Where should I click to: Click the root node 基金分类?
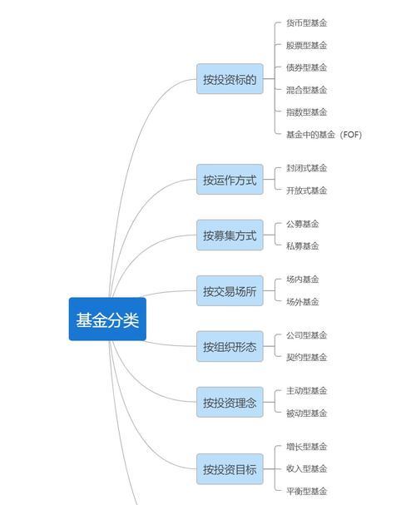107,319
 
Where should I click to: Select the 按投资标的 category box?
230,79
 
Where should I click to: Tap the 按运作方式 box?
230,180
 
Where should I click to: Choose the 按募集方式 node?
230,235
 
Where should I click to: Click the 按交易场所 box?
230,291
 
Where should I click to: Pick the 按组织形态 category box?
230,346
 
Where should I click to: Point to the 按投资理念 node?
230,403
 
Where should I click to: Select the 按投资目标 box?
230,469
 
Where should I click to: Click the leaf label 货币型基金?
306,22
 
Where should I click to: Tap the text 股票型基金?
306,46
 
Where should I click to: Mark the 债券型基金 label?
306,67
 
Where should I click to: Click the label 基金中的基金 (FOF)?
324,135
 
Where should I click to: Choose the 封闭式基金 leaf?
306,168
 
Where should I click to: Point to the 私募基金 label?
303,246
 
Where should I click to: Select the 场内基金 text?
303,280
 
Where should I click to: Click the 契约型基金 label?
306,357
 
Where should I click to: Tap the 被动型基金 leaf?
306,413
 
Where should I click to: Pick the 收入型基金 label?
306,468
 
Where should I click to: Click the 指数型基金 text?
306,112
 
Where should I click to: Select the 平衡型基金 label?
306,491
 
